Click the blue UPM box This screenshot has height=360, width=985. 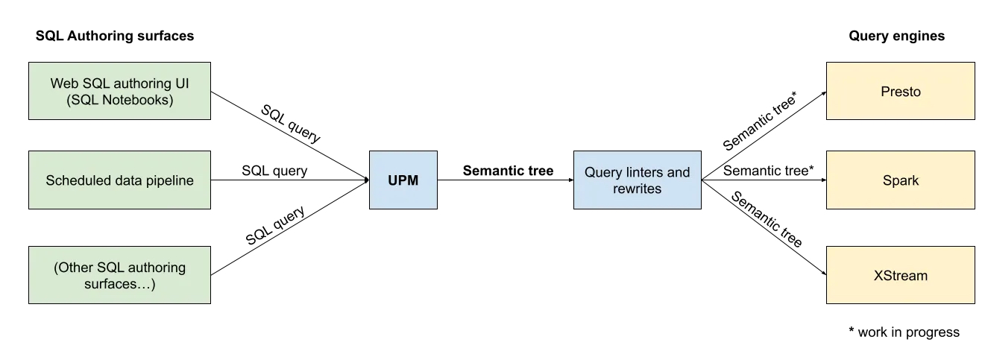point(403,180)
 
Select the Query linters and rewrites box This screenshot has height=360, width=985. point(637,180)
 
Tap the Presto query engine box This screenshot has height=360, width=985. point(900,92)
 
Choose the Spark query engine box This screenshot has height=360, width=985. point(900,180)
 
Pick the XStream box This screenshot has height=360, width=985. point(900,275)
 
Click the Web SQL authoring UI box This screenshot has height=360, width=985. point(119,91)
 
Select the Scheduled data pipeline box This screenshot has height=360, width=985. point(119,180)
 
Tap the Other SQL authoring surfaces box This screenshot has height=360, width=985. point(119,275)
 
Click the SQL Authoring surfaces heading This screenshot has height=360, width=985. point(115,36)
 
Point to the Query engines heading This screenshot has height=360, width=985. point(896,36)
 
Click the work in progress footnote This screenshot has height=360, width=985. point(904,332)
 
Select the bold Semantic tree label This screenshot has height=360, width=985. point(508,171)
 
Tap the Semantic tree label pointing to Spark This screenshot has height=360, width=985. point(768,171)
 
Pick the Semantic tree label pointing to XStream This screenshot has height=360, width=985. point(766,220)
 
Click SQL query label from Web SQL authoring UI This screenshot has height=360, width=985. point(290,123)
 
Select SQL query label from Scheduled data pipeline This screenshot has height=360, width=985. point(274,171)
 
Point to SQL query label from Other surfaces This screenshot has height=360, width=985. point(275,226)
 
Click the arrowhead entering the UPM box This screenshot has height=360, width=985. point(365,180)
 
